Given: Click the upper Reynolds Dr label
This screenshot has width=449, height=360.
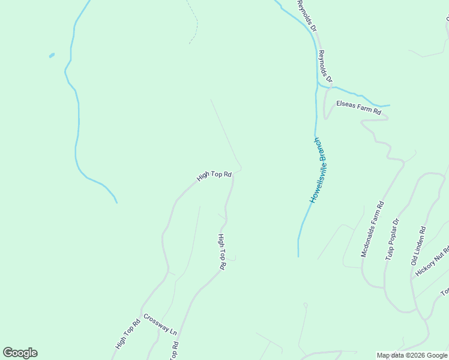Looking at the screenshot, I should pyautogui.click(x=306, y=16).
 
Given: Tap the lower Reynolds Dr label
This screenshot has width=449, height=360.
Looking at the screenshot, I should pyautogui.click(x=325, y=66).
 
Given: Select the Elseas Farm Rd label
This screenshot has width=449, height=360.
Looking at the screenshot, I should pyautogui.click(x=358, y=107).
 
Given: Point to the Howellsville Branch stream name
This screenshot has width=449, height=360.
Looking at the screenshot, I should pyautogui.click(x=321, y=170).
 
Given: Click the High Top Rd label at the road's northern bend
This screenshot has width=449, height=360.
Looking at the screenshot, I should pyautogui.click(x=214, y=175).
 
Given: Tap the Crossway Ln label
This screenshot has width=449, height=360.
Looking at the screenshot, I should pyautogui.click(x=160, y=324).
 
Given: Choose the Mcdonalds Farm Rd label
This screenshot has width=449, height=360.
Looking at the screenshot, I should pyautogui.click(x=372, y=230).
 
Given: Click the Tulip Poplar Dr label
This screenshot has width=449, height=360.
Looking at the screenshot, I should pyautogui.click(x=391, y=239).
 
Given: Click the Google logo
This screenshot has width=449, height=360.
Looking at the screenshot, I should pyautogui.click(x=20, y=353).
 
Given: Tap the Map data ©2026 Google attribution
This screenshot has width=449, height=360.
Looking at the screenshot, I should pyautogui.click(x=412, y=355).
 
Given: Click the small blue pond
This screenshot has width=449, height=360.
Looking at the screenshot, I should pyautogui.click(x=52, y=56).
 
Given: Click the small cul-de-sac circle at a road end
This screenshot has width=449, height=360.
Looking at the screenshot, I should pyautogui.click(x=305, y=305).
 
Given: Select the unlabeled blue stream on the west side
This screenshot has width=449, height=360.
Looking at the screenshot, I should pyautogui.click(x=78, y=120).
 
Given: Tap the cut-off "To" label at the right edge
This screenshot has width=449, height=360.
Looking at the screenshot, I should pyautogui.click(x=445, y=292).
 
